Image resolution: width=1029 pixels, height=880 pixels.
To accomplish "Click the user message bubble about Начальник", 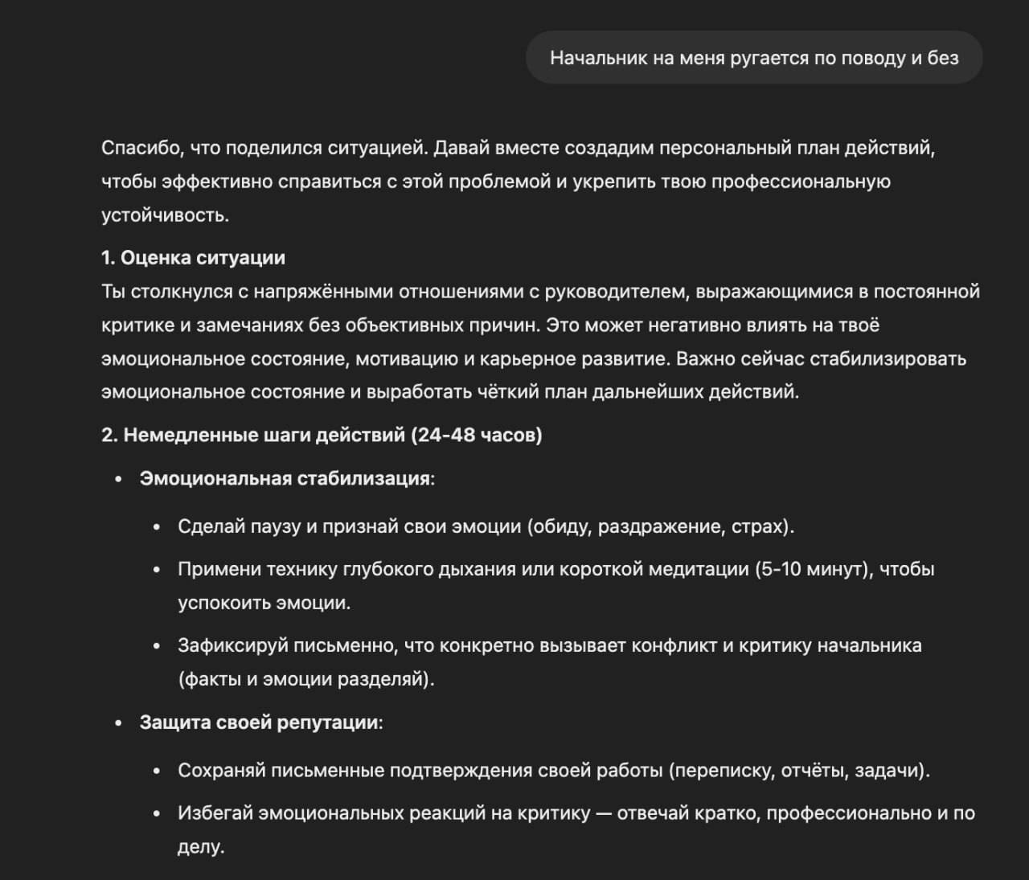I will (x=754, y=58).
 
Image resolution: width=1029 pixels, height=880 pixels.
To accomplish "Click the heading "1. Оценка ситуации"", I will (x=193, y=258).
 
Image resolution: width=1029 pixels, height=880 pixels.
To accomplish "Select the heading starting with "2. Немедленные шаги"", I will (x=322, y=436).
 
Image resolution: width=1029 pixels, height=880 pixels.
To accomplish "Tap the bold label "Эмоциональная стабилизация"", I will (x=285, y=479).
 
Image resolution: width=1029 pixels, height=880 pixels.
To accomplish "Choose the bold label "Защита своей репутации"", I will (x=259, y=722).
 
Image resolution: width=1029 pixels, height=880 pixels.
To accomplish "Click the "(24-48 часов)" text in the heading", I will (x=476, y=436).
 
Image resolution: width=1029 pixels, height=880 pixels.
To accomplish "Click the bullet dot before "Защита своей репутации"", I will (x=119, y=723).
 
